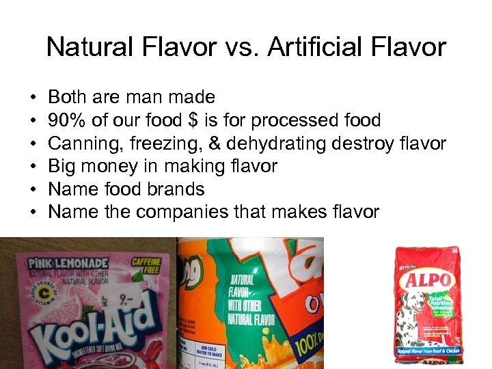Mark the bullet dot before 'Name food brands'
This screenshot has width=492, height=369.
(33, 189)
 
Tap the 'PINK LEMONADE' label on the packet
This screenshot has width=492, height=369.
(68, 263)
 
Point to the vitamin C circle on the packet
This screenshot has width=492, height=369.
(31, 296)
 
